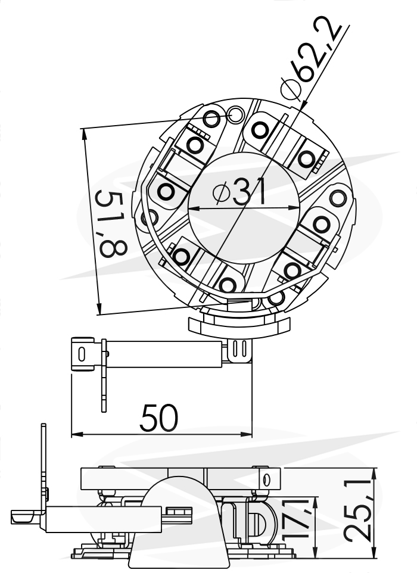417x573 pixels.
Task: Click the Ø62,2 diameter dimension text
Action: [x=310, y=58]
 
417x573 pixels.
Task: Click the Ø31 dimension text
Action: [x=239, y=191]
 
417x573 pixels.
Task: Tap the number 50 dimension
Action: [x=158, y=418]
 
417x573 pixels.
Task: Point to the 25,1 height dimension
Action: [x=358, y=512]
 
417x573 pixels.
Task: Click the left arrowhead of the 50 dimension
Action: [x=76, y=434]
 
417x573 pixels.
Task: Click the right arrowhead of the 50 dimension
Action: [x=247, y=434]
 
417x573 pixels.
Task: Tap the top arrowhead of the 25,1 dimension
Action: [x=374, y=474]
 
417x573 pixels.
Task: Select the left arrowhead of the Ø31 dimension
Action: [x=194, y=209]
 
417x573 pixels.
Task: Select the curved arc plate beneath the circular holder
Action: [x=239, y=326]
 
